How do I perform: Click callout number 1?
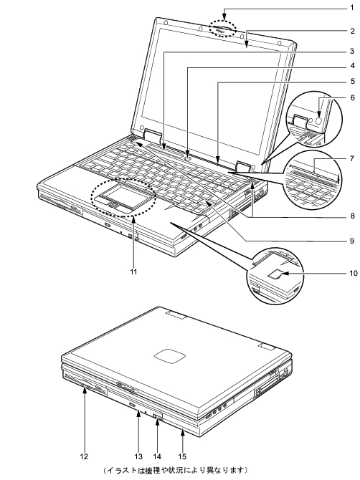point(352,9)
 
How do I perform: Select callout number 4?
point(352,65)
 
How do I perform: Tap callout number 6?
point(352,97)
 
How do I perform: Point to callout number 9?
point(352,241)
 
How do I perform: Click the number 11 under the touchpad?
point(133,272)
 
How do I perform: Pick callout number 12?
point(84,456)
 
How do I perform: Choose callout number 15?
point(182,456)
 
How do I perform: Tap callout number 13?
point(138,456)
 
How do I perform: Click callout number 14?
point(157,456)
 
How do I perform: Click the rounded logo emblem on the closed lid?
point(170,357)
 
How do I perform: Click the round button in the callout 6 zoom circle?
point(318,120)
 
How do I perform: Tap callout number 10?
point(354,273)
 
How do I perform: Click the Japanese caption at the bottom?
point(175,470)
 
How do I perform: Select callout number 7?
point(352,158)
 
